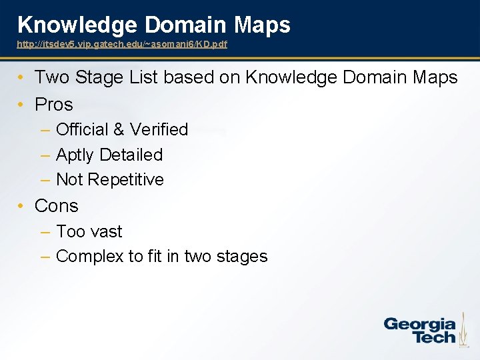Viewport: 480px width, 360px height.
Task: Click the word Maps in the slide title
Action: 262,25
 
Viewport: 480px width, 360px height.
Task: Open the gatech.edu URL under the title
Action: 122,44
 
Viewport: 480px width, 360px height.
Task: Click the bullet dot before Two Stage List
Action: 21,78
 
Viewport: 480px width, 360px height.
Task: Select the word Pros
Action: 53,105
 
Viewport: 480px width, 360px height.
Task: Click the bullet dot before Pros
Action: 21,105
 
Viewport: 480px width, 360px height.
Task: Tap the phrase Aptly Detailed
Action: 109,155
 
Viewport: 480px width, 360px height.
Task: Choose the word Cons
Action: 56,206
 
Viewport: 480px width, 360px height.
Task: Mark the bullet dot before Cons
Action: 21,207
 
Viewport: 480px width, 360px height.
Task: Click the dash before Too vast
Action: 45,232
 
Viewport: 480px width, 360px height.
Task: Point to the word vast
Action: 107,232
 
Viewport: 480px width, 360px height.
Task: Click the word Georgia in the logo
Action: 419,325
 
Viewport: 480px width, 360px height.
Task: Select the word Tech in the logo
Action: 434,337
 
